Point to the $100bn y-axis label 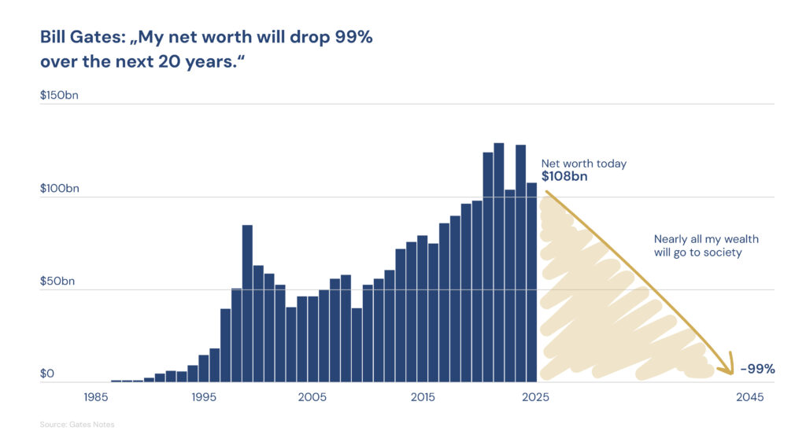tap(59, 189)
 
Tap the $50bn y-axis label tap(57, 281)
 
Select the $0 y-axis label tap(47, 374)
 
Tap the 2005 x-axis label tap(312, 398)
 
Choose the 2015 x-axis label tap(422, 398)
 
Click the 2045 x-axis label tap(749, 398)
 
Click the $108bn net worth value tap(564, 177)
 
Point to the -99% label tap(757, 369)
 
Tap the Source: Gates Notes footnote tap(77, 425)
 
